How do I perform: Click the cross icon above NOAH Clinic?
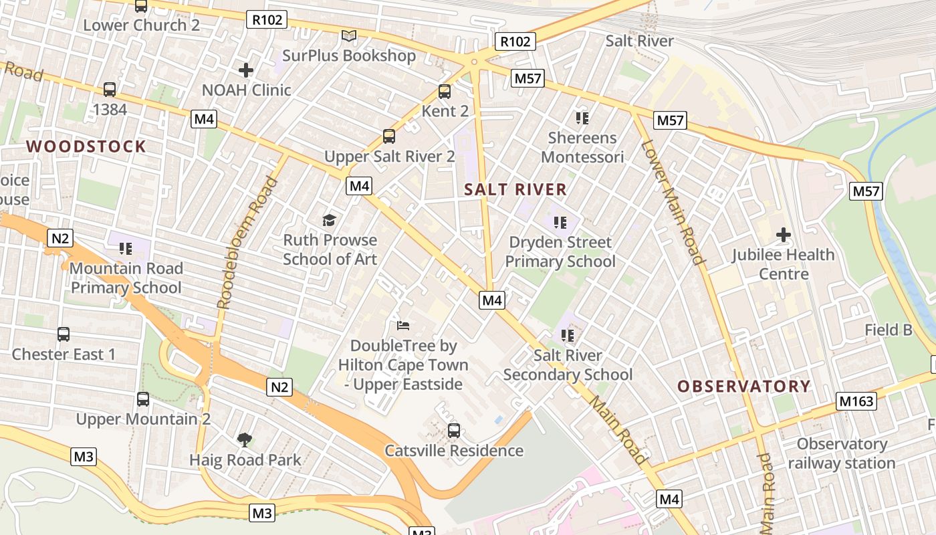tap(246, 70)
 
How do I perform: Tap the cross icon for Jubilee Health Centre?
tap(783, 235)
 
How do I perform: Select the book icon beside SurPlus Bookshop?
tap(348, 36)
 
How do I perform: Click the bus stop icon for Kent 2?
tap(445, 92)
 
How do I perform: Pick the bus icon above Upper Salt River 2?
tap(389, 136)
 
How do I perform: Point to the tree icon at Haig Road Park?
tap(245, 439)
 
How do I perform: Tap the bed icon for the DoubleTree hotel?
tap(403, 326)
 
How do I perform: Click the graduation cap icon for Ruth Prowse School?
tap(329, 220)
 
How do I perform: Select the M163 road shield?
tap(856, 401)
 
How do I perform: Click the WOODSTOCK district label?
tap(86, 146)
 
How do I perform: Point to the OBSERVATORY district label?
tap(743, 386)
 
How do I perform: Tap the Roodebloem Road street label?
tap(247, 242)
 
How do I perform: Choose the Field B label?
tap(889, 330)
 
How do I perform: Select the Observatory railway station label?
tap(841, 453)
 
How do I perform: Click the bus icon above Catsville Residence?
tap(454, 431)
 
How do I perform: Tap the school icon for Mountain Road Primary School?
tap(125, 249)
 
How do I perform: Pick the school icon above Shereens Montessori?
tap(582, 118)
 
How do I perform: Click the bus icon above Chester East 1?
tap(64, 334)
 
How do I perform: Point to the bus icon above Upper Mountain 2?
tap(143, 399)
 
